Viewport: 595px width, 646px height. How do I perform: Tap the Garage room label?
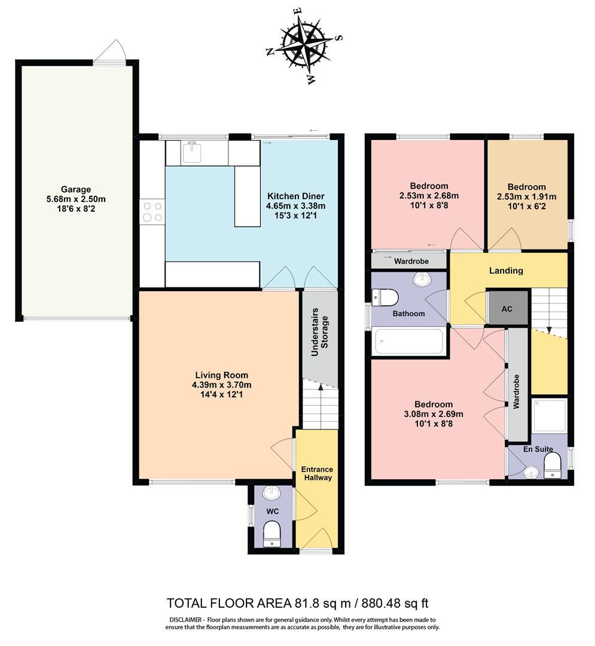pos(75,190)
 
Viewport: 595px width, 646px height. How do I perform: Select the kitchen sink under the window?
pos(192,153)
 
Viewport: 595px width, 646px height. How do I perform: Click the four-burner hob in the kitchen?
pos(152,212)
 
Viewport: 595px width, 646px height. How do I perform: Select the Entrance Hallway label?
pos(317,473)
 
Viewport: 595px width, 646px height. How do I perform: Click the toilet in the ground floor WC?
pos(273,532)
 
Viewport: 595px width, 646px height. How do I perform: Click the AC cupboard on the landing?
pos(506,309)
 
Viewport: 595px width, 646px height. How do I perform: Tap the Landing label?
pos(506,270)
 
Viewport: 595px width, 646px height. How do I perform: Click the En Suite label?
pos(537,449)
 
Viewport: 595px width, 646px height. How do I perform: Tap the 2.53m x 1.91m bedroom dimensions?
pos(526,197)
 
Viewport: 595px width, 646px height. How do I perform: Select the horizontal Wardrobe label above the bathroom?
pos(410,261)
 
